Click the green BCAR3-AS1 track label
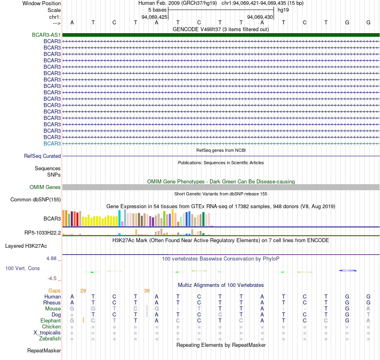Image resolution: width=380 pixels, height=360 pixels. tap(46, 35)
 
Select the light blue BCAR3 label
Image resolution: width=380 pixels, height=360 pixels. tap(52, 143)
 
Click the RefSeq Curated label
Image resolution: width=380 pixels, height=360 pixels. tap(42, 156)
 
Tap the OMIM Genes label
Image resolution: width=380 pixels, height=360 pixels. tap(45, 187)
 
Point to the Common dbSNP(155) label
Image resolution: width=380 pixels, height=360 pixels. tap(36, 199)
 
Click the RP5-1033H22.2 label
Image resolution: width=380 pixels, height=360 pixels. tap(43, 233)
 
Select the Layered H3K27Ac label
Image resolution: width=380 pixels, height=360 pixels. tap(26, 246)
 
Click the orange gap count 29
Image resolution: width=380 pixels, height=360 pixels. tap(83, 290)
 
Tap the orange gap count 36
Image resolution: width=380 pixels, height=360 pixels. tap(147, 290)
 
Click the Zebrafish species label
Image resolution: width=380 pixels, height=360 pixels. tap(50, 338)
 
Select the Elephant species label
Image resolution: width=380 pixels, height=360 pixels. tap(51, 320)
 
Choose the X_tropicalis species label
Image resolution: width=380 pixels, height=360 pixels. tap(47, 333)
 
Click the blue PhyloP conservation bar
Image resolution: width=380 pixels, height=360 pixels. tap(348, 270)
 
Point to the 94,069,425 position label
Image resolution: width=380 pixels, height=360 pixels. tap(154, 17)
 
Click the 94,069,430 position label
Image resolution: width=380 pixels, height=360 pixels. tap(260, 17)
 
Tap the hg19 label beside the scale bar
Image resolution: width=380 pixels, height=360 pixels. tap(283, 10)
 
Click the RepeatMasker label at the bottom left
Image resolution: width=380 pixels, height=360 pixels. tap(44, 350)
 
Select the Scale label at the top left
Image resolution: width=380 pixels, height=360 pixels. tap(54, 10)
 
